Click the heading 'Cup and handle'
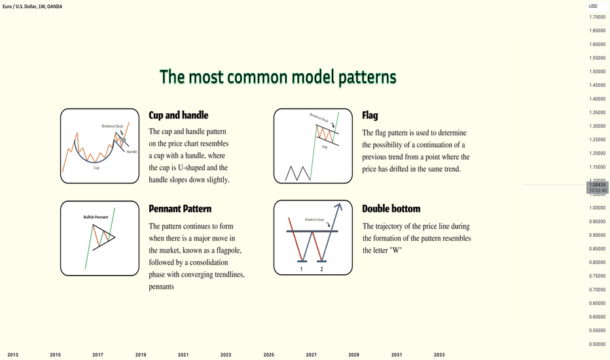[x=179, y=115]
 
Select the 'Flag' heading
[x=370, y=115]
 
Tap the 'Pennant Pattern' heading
[x=180, y=209]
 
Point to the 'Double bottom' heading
[x=391, y=209]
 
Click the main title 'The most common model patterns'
[x=278, y=77]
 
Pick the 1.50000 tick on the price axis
[x=598, y=71]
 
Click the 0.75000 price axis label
[x=598, y=276]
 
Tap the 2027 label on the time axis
[x=312, y=355]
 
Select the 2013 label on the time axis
[x=13, y=355]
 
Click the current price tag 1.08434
[x=598, y=185]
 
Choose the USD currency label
[x=593, y=7]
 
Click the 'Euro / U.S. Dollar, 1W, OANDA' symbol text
[x=32, y=7]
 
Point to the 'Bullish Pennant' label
[x=96, y=217]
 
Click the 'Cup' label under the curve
[x=96, y=168]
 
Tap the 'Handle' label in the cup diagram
[x=132, y=152]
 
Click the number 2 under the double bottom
[x=321, y=269]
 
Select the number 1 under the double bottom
[x=301, y=269]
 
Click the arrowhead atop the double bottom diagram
[x=339, y=206]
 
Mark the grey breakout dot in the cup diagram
[x=124, y=140]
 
